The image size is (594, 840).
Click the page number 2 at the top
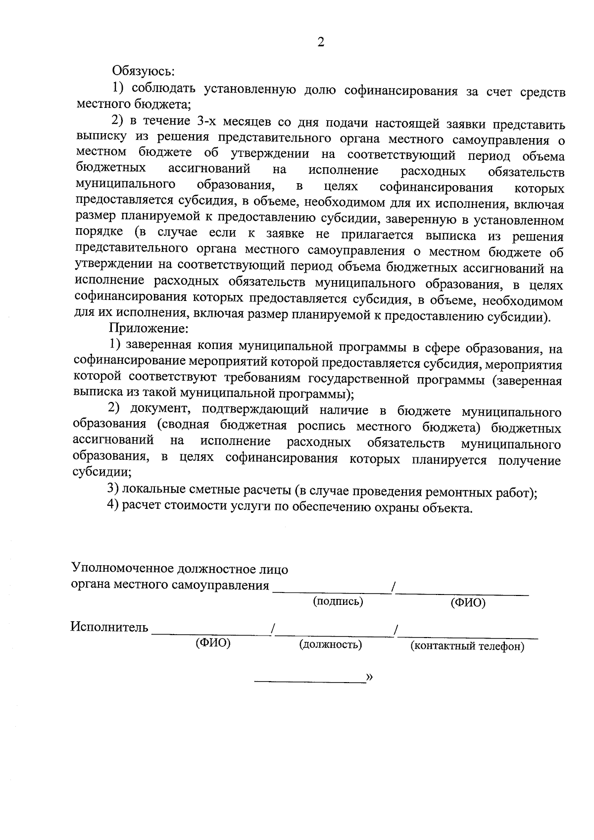[x=321, y=43]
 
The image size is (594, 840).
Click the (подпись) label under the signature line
[x=338, y=601]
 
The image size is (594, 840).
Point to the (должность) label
[x=330, y=644]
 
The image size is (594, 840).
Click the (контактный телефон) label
[x=467, y=646]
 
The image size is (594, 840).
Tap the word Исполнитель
[x=109, y=628]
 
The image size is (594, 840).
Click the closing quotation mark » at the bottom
[x=369, y=677]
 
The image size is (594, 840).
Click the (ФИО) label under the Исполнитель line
[x=213, y=643]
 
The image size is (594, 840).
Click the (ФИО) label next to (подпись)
[x=468, y=602]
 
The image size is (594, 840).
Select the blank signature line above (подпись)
[x=332, y=591]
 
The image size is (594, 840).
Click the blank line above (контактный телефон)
[x=468, y=635]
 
